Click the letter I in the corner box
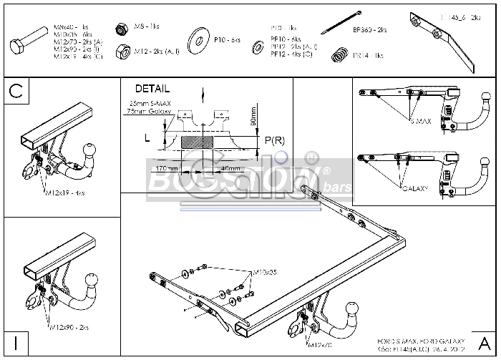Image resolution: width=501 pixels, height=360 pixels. coord(15,343)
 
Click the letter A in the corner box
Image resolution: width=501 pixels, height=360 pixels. coord(483,343)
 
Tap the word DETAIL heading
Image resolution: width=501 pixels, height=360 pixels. coord(152,89)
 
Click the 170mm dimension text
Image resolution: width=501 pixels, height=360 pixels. coord(167,169)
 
